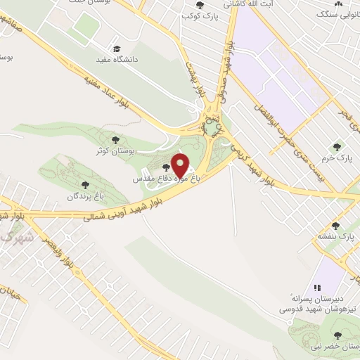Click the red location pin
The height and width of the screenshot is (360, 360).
click(181, 166)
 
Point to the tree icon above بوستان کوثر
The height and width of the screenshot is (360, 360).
click(115, 141)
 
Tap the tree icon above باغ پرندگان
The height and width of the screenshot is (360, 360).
click(85, 186)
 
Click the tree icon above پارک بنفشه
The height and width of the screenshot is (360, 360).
click(336, 226)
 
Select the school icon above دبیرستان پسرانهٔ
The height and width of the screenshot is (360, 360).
click(317, 287)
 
